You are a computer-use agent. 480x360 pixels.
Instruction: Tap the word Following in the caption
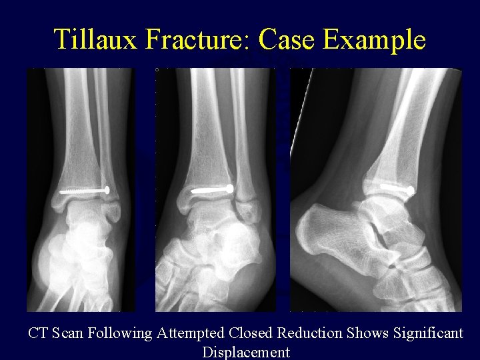tap(121, 333)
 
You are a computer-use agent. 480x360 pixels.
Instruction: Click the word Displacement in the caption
tap(246, 352)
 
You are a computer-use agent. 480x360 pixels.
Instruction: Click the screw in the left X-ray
tap(84, 191)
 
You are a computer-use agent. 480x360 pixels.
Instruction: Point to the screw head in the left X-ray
tap(107, 190)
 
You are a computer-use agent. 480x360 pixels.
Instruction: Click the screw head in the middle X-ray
tap(230, 189)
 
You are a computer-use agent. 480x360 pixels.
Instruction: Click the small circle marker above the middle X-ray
tap(157, 69)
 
